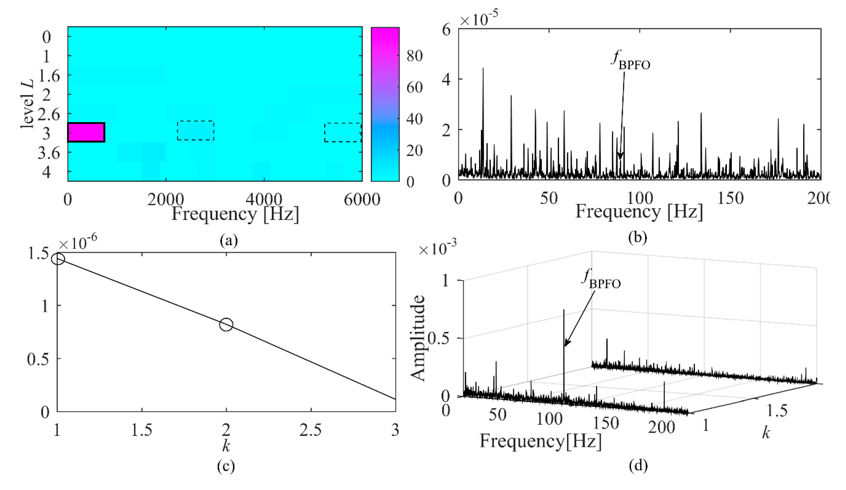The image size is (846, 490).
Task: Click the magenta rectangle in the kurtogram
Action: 86,132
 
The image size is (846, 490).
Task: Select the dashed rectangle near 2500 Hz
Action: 195,131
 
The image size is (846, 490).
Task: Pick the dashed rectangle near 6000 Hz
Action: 342,132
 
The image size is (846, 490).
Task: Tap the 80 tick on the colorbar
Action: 414,56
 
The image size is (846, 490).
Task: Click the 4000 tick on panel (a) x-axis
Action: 264,200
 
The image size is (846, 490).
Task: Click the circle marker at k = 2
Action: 226,324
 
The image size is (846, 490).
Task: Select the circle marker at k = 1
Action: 58,259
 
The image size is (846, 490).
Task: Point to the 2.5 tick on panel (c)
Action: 311,430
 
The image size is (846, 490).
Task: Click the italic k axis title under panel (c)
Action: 226,446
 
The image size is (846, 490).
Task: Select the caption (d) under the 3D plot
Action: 638,465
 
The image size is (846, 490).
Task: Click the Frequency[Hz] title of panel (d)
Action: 540,441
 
